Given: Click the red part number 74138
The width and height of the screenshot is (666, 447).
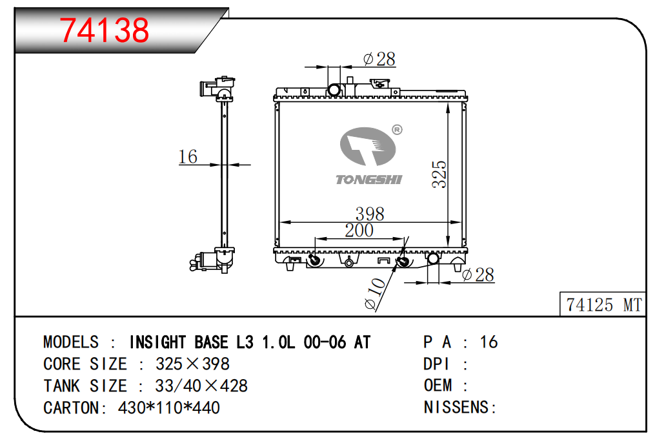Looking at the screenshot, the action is (x=104, y=30).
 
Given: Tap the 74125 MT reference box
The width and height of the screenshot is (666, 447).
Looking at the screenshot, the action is (x=603, y=304).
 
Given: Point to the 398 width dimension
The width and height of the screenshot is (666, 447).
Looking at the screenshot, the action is (x=370, y=214).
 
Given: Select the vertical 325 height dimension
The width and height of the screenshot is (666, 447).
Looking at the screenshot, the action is (x=439, y=174).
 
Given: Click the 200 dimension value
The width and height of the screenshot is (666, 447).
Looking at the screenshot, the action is (x=359, y=231).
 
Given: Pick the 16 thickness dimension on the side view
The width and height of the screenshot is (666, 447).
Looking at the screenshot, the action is (x=188, y=156).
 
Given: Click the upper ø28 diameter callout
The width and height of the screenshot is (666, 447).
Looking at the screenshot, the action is (x=379, y=59).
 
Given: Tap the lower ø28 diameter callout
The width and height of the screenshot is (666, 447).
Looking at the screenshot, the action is (x=478, y=275).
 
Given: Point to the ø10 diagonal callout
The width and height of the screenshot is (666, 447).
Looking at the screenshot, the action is (x=375, y=293).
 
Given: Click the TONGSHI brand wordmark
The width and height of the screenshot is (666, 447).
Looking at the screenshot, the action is (x=368, y=180).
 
